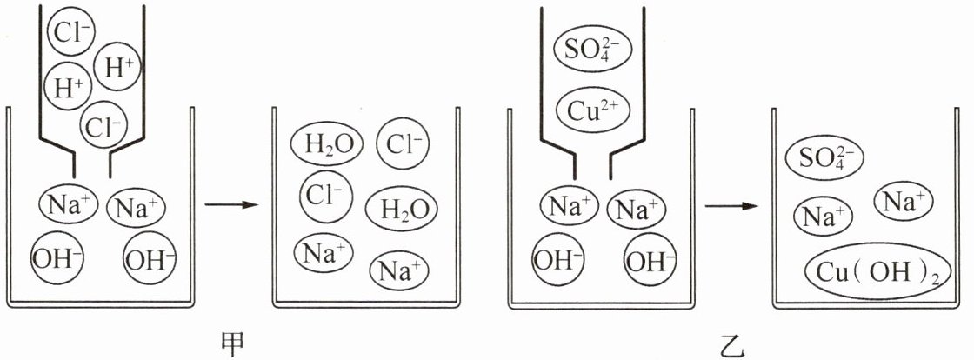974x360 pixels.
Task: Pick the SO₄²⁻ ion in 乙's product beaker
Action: point(824,157)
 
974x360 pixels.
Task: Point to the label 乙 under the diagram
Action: point(728,345)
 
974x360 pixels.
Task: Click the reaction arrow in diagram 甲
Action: point(233,205)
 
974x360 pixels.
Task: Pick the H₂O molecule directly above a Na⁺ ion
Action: point(401,209)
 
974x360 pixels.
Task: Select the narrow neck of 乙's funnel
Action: point(591,163)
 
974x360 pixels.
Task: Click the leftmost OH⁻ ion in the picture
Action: point(56,257)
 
